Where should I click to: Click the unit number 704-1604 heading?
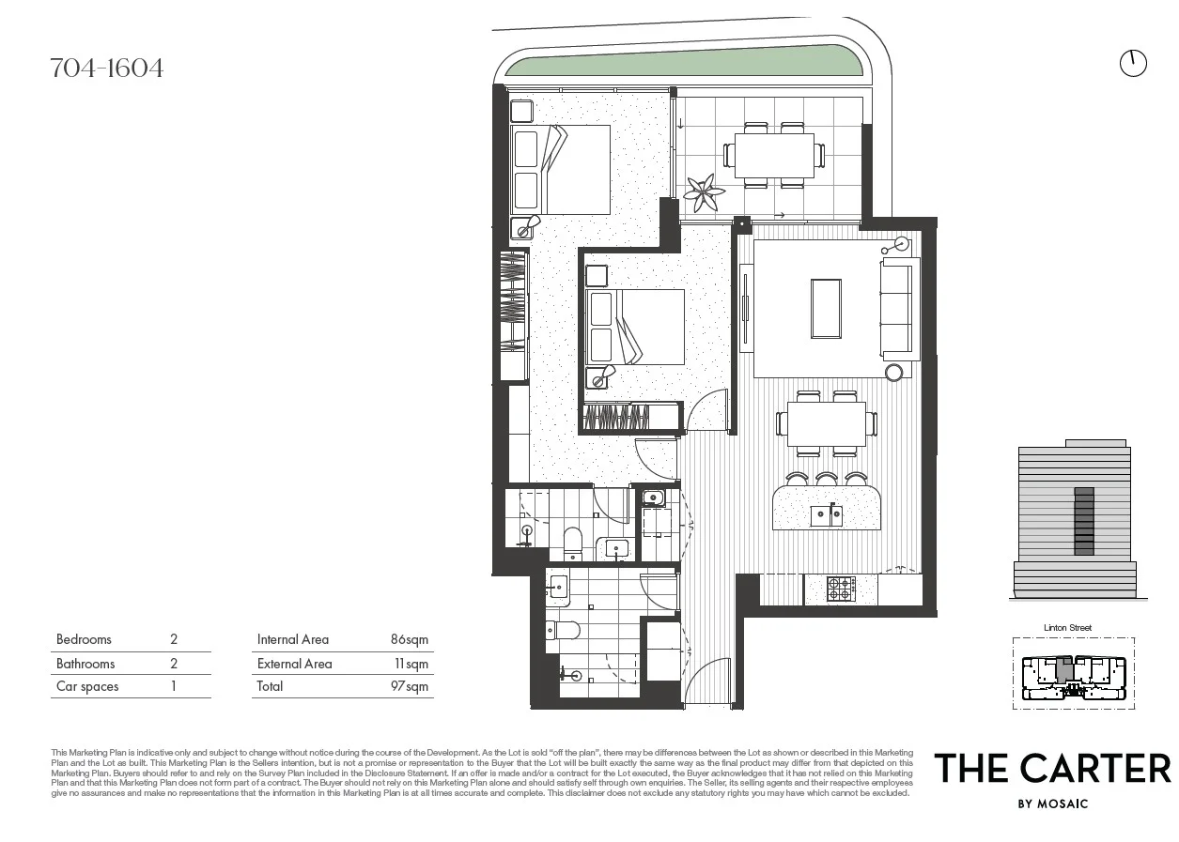(106, 68)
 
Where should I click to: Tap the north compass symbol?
(1133, 63)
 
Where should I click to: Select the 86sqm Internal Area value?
(409, 639)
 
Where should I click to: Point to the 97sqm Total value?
(409, 686)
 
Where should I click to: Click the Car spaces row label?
(87, 686)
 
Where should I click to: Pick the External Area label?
(294, 664)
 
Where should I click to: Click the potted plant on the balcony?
(703, 193)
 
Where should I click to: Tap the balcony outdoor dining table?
(774, 155)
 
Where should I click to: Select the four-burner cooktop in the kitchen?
(841, 589)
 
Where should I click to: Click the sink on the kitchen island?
(827, 514)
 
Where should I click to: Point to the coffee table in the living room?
(826, 308)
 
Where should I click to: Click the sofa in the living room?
(896, 309)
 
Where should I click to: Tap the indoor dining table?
(826, 424)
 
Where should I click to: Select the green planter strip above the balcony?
(684, 62)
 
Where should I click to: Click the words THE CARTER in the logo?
(1051, 769)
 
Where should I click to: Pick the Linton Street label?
(1067, 628)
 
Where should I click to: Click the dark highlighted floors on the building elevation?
(1084, 521)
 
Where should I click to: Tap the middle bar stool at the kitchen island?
(827, 479)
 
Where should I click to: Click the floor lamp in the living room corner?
(902, 244)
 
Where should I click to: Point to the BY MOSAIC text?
(1052, 804)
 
